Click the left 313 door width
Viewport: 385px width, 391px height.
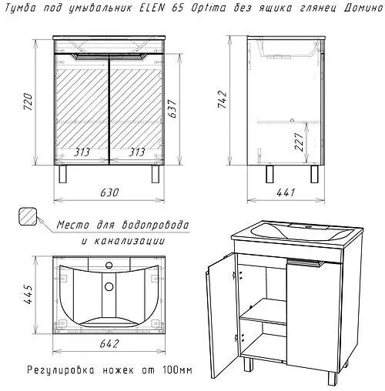tap(83, 152)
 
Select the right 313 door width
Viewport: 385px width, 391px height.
tap(139, 152)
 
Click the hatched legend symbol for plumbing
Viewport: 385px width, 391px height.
tap(28, 217)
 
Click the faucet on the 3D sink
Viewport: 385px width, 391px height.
tap(306, 228)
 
